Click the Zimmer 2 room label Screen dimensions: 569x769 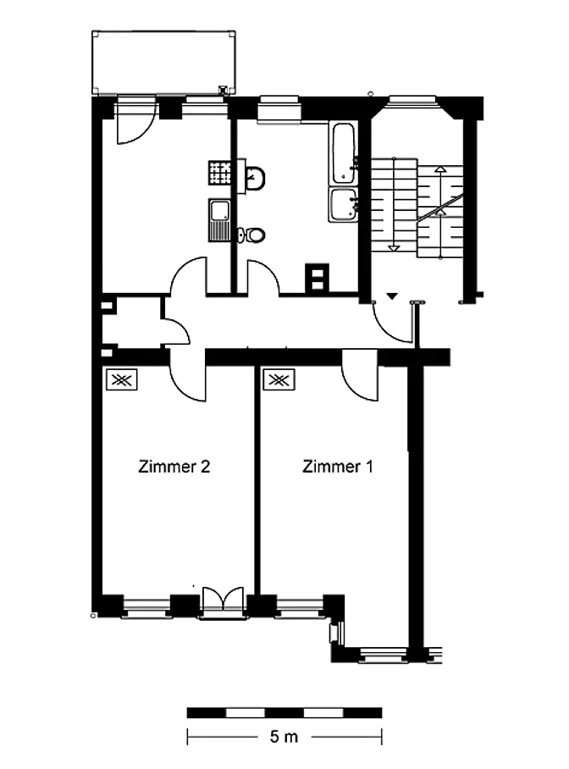pyautogui.click(x=174, y=466)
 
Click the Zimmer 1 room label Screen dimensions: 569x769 pyautogui.click(x=338, y=466)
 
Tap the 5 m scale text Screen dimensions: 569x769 pyautogui.click(x=284, y=736)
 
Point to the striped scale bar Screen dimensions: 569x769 pyautogui.click(x=284, y=712)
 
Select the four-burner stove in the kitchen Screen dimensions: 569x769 pyautogui.click(x=220, y=173)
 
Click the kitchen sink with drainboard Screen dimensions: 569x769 pyautogui.click(x=220, y=220)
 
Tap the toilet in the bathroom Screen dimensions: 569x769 pyautogui.click(x=252, y=235)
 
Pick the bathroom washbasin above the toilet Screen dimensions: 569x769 pyautogui.click(x=255, y=178)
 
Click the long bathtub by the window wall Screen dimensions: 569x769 pyautogui.click(x=344, y=152)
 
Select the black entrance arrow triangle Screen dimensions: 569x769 pyautogui.click(x=391, y=296)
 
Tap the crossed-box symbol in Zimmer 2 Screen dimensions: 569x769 pyautogui.click(x=122, y=379)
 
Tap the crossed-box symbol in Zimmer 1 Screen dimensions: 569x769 pyautogui.click(x=279, y=379)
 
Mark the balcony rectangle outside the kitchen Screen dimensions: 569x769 pyautogui.click(x=163, y=63)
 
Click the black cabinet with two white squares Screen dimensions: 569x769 pyautogui.click(x=318, y=279)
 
